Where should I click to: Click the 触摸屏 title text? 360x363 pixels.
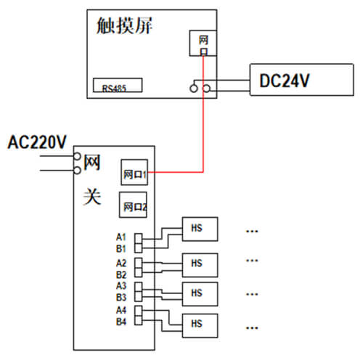(124, 25)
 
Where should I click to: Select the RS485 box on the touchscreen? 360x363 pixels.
(118, 85)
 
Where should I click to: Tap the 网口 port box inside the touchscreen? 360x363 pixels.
(202, 44)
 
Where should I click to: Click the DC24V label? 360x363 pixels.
(285, 81)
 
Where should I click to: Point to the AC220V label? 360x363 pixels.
(37, 142)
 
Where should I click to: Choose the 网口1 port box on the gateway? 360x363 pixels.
(134, 172)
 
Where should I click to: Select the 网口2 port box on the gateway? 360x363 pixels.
(133, 205)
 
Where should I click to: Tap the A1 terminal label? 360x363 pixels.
(121, 237)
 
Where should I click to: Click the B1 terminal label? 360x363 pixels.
(121, 248)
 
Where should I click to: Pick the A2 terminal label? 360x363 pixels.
(121, 263)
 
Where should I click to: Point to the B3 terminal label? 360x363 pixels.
(121, 298)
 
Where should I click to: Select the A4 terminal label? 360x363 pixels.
(121, 310)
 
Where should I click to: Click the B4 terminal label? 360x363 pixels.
(121, 322)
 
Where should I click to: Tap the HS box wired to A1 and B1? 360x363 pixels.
(200, 229)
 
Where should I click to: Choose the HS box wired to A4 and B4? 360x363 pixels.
(200, 325)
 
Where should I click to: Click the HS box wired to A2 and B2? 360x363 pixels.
(200, 265)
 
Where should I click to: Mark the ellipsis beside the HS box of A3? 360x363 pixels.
(252, 295)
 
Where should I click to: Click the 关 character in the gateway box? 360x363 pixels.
(92, 197)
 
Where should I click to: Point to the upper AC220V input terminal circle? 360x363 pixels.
(77, 156)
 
